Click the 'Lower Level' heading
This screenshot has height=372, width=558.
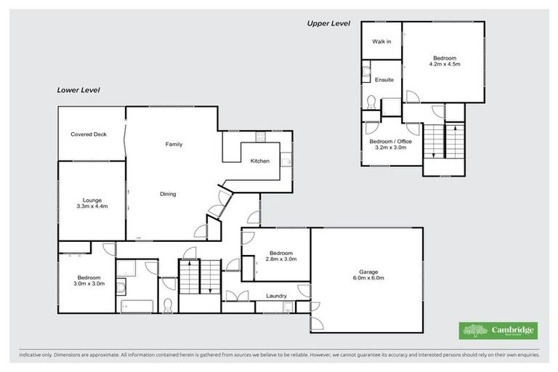tap(78, 90)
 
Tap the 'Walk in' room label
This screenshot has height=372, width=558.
tap(381, 42)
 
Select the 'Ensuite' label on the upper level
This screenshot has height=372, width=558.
tap(384, 79)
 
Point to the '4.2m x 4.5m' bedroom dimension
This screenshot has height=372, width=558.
tap(445, 64)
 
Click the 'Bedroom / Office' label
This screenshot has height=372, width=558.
tap(390, 141)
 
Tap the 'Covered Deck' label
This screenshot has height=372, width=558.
tap(89, 134)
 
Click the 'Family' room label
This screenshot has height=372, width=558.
tap(173, 145)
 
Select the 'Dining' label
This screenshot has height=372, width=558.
tap(168, 194)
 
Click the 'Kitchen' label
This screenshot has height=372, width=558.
tap(260, 161)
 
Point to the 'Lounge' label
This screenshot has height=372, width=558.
tap(92, 200)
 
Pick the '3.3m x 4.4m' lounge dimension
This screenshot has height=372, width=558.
tap(92, 206)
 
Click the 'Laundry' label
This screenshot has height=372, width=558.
tap(276, 296)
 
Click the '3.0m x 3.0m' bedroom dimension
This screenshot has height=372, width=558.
tap(89, 284)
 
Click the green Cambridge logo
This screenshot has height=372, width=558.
tap(498, 330)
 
